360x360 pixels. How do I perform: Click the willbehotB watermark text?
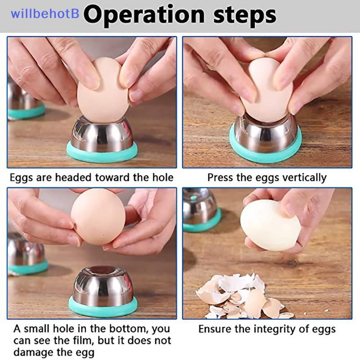[45, 13]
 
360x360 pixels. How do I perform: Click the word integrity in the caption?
[275, 329]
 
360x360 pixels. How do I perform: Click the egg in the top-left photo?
[103, 90]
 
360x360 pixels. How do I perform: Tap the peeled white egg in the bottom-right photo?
[270, 225]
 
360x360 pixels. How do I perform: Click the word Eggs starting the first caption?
[21, 178]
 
